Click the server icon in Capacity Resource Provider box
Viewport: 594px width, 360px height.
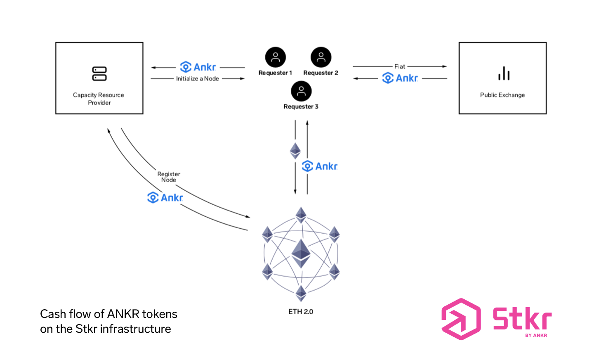99,73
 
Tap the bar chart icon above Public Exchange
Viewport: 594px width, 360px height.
504,73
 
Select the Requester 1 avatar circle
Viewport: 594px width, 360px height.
275,57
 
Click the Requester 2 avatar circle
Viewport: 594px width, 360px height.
321,57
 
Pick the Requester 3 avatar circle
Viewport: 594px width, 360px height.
301,91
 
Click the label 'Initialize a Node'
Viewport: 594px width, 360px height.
198,78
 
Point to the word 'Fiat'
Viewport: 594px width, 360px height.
400,66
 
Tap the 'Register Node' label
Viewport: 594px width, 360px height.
169,177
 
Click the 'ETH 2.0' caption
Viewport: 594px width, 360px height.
301,312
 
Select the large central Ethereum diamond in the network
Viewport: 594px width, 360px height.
301,253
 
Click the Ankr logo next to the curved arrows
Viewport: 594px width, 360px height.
165,197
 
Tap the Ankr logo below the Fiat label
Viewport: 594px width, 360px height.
400,78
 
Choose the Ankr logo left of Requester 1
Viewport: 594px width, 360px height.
198,67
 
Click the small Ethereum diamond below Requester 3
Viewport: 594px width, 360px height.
295,151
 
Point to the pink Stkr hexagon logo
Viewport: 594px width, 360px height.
461,319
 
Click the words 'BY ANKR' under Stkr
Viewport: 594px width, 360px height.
536,335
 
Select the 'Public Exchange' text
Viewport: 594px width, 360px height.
502,95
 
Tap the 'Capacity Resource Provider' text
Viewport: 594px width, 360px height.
99,99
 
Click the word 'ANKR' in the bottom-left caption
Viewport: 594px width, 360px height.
123,314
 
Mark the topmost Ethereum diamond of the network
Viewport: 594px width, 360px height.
301,215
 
